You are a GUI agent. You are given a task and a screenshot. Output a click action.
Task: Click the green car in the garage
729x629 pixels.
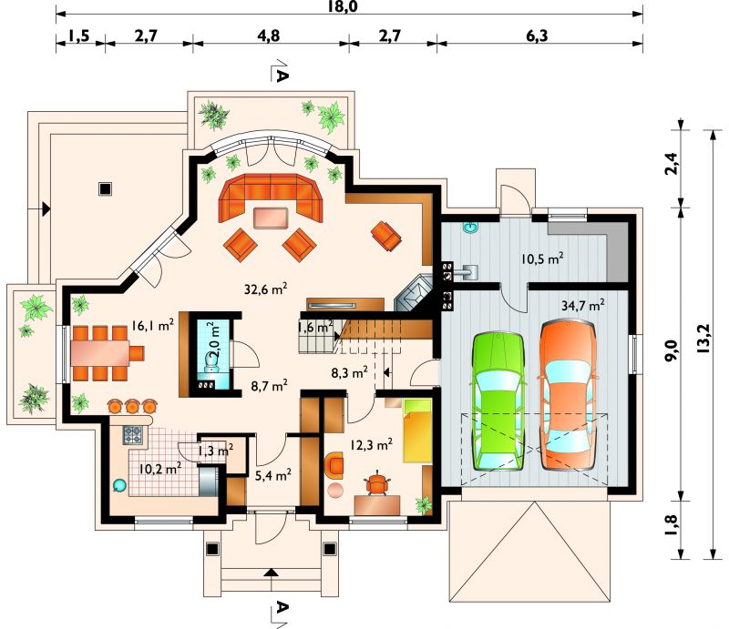click(498, 401)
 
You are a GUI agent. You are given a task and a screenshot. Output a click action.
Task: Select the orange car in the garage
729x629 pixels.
click(567, 394)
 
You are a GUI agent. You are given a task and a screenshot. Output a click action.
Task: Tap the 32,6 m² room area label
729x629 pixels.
click(265, 289)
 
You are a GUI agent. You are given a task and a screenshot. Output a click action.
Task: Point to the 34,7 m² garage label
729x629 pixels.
click(583, 306)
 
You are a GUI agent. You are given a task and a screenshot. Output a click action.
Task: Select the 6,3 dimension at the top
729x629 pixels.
click(537, 36)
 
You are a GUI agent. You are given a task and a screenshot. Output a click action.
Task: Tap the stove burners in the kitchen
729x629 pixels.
click(132, 435)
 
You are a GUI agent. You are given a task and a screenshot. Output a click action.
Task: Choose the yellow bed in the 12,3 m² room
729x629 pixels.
click(417, 431)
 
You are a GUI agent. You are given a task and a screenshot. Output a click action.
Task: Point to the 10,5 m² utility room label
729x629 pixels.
click(542, 259)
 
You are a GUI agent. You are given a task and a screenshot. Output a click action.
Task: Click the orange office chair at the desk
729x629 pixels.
click(377, 484)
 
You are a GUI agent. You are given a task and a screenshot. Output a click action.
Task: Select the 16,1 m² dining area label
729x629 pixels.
click(152, 325)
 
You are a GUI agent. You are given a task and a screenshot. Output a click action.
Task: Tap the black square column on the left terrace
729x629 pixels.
click(105, 189)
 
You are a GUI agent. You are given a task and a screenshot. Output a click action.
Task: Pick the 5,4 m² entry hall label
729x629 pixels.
click(273, 474)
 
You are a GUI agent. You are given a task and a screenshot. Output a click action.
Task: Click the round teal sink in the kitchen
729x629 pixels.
click(119, 485)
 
